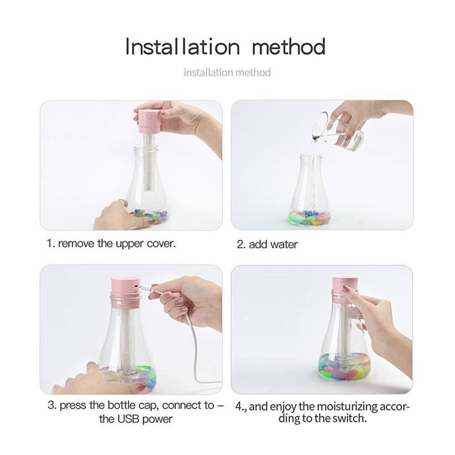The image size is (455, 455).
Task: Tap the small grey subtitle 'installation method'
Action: [227, 73]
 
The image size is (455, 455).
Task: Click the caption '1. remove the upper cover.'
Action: [111, 243]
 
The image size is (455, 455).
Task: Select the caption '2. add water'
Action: [267, 245]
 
